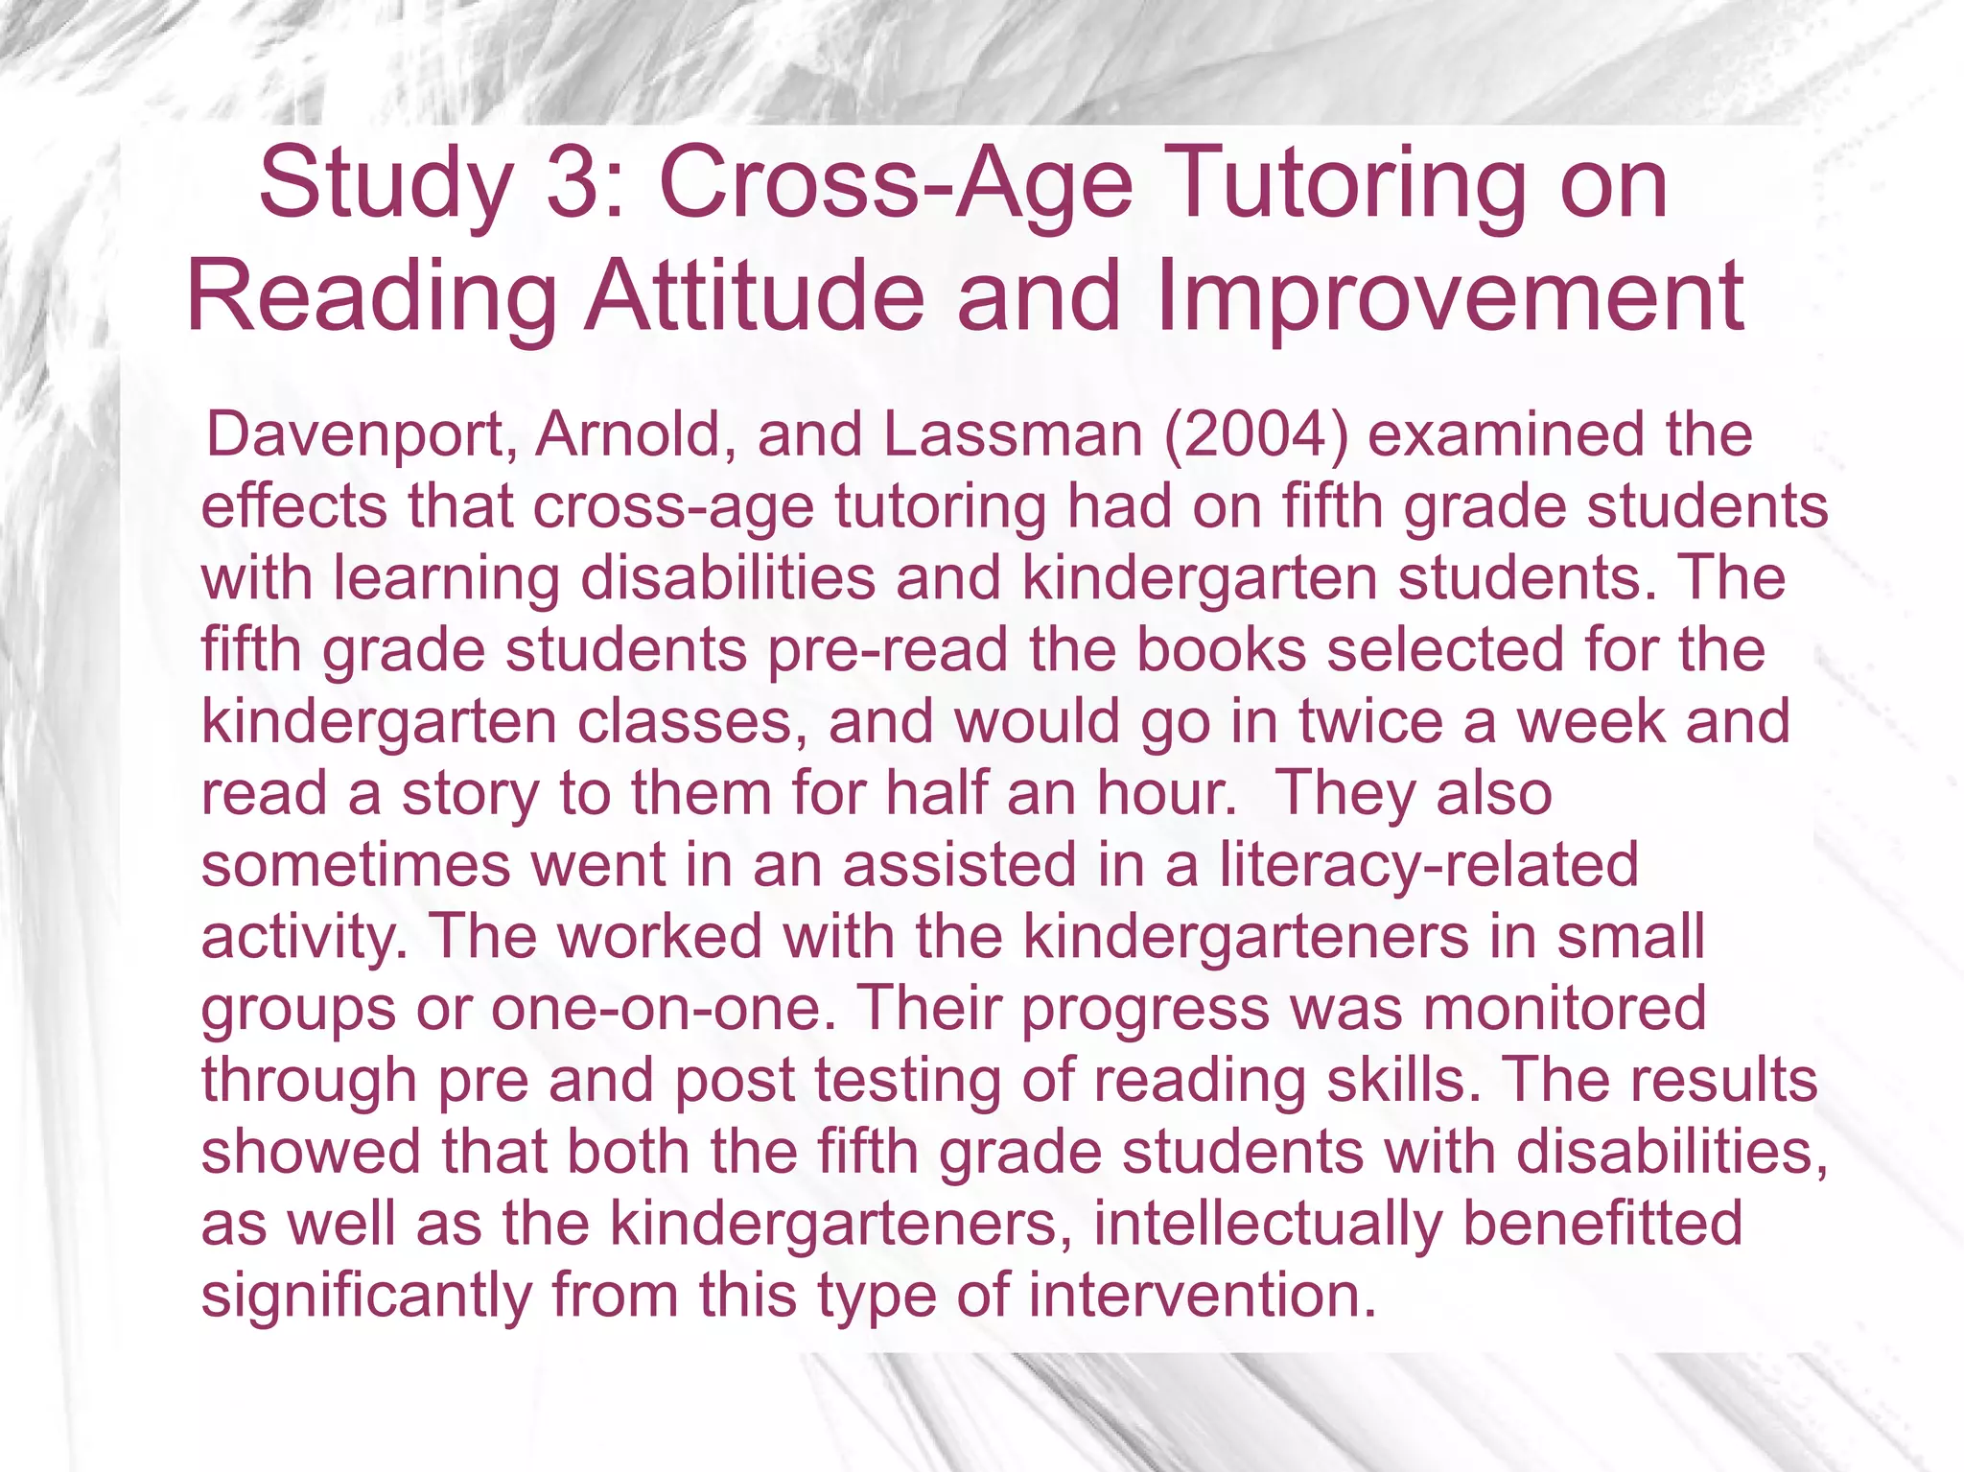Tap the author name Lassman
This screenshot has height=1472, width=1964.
(1013, 434)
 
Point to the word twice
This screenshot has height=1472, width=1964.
(1370, 721)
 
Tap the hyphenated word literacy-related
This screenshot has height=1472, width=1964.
(1429, 866)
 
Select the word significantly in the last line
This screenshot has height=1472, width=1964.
(366, 1297)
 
